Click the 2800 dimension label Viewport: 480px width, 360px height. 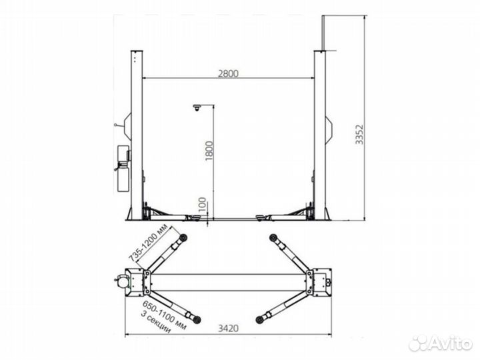click(x=228, y=73)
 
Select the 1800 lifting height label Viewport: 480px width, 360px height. click(x=209, y=151)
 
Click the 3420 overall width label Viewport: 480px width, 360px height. click(x=228, y=329)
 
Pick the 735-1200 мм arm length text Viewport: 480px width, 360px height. click(x=148, y=243)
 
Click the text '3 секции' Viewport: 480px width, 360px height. click(x=155, y=322)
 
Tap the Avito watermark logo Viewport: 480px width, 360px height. click(x=440, y=343)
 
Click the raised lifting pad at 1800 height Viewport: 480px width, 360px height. click(x=197, y=107)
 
